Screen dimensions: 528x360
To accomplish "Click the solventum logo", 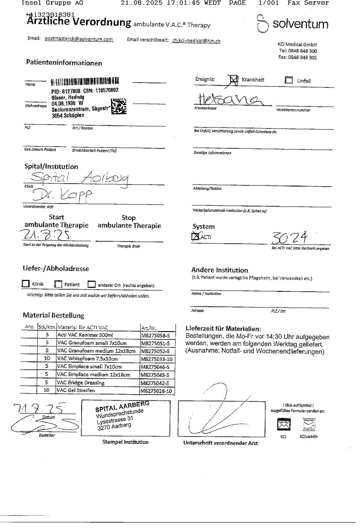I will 292,24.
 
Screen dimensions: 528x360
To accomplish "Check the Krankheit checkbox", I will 234,80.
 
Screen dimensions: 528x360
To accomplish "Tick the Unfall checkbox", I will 289,80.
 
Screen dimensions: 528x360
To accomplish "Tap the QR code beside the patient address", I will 119,106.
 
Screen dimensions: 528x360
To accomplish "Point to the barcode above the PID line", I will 85,82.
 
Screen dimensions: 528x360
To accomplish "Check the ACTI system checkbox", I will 195,238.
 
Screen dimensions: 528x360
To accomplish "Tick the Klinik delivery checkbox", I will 26,284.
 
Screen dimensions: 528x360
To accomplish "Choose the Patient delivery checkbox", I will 58,284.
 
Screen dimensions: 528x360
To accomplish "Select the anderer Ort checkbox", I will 91,284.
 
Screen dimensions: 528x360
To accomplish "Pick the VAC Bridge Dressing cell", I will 81,382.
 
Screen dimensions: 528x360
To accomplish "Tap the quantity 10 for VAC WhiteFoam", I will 46,359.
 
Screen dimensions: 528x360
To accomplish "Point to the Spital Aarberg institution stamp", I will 122,416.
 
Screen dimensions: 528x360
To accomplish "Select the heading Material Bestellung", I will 53,316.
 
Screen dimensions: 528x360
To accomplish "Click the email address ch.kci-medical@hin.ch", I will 196,41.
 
